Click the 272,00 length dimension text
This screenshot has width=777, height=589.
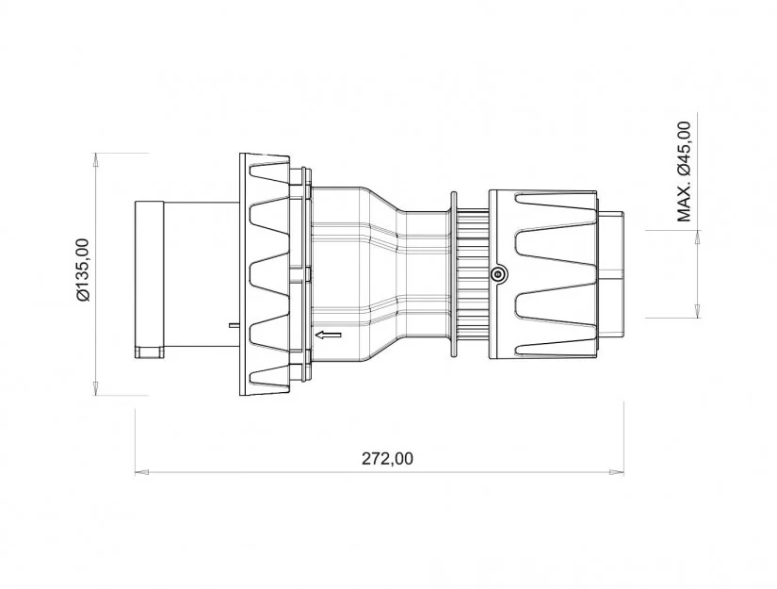387,459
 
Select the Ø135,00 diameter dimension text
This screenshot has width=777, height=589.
83,270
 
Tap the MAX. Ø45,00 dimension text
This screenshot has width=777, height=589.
684,172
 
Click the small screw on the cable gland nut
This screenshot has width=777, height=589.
497,273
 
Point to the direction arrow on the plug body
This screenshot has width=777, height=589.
329,335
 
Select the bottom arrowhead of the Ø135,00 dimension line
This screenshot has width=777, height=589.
97,388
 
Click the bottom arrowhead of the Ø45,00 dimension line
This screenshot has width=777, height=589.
697,310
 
